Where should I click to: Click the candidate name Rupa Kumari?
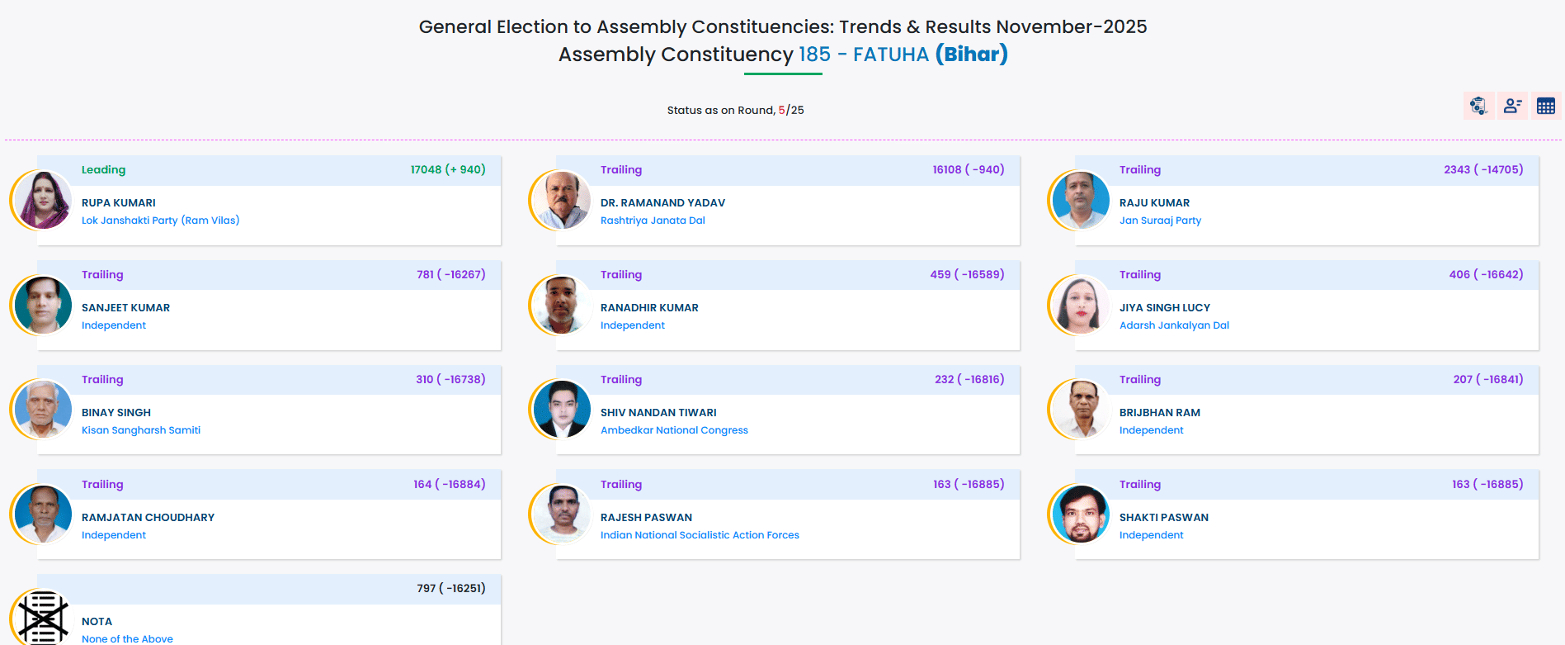click(x=118, y=202)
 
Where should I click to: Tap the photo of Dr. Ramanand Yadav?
click(x=561, y=201)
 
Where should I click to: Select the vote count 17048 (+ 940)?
click(x=447, y=169)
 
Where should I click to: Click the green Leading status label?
click(x=103, y=169)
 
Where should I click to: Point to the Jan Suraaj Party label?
click(x=1160, y=221)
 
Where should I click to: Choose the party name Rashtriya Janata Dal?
click(x=653, y=221)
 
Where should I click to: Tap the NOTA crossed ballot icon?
click(x=43, y=617)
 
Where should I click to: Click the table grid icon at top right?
click(x=1545, y=106)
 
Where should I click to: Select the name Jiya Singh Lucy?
click(x=1164, y=307)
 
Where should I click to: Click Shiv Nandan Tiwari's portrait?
click(x=561, y=410)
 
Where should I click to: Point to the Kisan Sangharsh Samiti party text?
click(x=141, y=430)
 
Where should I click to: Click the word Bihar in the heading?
click(x=971, y=55)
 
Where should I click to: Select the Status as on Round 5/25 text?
click(x=735, y=110)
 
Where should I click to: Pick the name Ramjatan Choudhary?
click(x=148, y=517)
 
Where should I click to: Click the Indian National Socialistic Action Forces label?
click(x=700, y=535)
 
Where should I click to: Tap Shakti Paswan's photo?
click(x=1080, y=515)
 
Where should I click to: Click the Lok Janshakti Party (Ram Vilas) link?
click(x=160, y=221)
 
